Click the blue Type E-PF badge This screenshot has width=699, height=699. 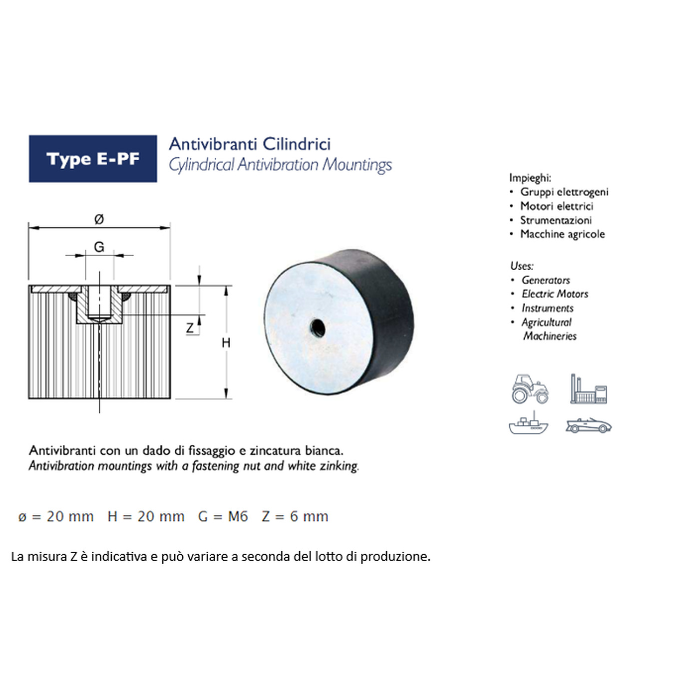(93, 158)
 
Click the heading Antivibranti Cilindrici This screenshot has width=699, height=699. (250, 144)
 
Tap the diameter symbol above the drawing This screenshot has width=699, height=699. (99, 219)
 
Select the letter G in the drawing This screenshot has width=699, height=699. (99, 247)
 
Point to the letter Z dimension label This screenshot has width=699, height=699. (190, 328)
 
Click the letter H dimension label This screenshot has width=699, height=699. (226, 343)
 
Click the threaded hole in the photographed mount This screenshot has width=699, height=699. (317, 328)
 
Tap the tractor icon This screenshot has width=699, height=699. (530, 389)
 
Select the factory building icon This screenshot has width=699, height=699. (589, 389)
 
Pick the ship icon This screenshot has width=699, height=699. (529, 423)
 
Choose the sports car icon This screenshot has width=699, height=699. (588, 425)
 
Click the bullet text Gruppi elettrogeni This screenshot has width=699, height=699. (564, 192)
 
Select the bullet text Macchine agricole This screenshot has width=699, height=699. (563, 234)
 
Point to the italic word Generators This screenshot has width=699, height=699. (546, 280)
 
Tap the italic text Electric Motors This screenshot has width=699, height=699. (555, 294)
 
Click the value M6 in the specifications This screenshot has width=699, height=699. (238, 516)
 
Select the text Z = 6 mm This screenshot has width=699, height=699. (295, 516)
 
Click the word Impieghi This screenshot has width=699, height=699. (530, 178)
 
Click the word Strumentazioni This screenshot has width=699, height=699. (556, 220)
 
